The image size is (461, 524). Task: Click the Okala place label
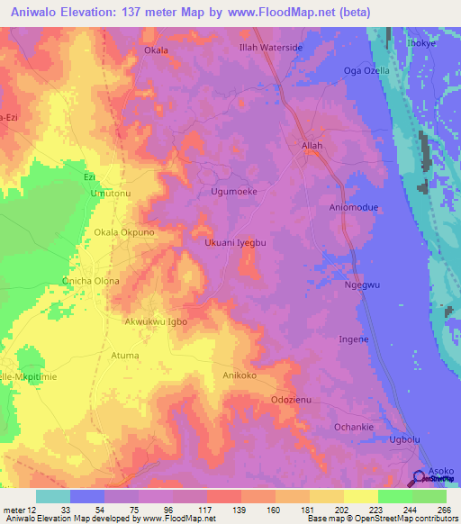click(157, 50)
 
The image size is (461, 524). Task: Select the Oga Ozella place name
click(366, 71)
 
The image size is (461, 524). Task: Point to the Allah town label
click(312, 145)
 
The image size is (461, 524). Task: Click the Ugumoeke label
click(234, 192)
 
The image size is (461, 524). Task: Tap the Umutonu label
click(111, 194)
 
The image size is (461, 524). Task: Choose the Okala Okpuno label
click(125, 232)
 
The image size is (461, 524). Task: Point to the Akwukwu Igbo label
click(156, 321)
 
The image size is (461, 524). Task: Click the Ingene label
click(353, 339)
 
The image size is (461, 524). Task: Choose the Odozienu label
click(292, 400)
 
